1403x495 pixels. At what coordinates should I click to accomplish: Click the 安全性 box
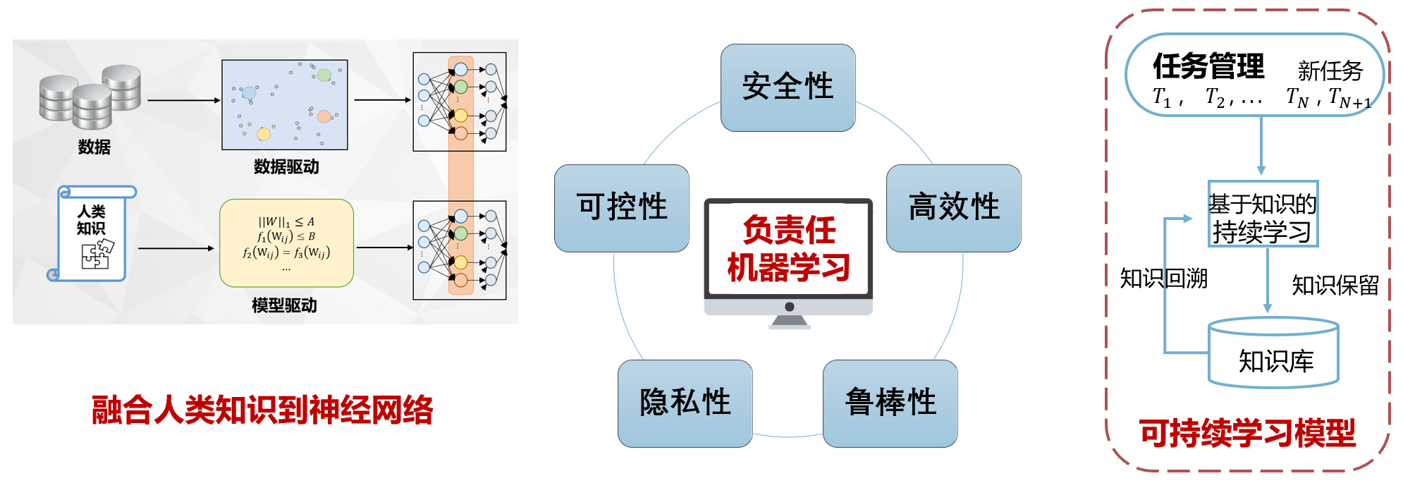788,87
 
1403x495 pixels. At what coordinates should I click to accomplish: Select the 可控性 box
621,208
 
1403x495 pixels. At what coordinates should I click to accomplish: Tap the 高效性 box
953,208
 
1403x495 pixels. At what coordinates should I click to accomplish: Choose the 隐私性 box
685,403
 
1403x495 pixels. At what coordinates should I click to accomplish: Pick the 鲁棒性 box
890,403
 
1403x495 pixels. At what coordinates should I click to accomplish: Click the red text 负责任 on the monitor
789,230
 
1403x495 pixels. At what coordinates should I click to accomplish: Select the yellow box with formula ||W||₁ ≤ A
286,243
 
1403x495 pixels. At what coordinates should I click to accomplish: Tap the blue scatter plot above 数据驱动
285,104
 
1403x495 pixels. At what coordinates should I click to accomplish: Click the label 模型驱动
284,305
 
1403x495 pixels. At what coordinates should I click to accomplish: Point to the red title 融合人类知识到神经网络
262,410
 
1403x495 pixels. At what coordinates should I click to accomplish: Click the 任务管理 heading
1208,67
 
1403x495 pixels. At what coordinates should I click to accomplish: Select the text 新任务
1330,71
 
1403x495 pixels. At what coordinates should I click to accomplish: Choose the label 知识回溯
1163,279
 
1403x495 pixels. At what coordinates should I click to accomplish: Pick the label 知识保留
1335,286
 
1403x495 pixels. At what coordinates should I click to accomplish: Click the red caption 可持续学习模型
1247,433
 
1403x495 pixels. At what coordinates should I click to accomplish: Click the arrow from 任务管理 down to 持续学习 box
1261,145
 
